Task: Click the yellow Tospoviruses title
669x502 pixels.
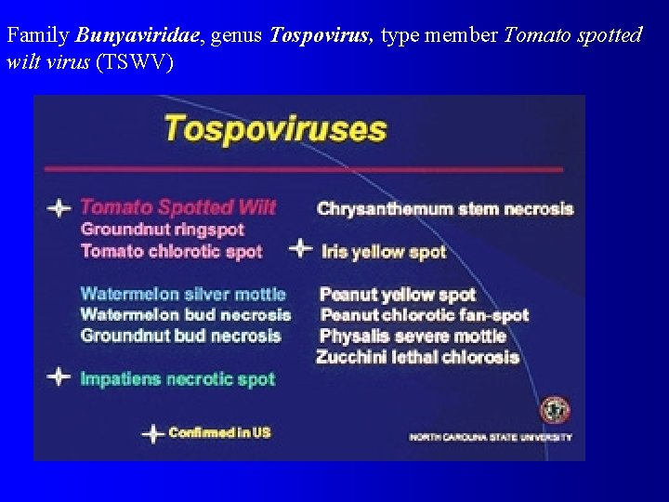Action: point(275,128)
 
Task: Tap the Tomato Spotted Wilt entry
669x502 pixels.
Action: point(177,207)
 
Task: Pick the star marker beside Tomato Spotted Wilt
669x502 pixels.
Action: point(59,208)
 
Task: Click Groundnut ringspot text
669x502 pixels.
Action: point(163,230)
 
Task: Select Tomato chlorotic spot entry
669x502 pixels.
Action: point(172,251)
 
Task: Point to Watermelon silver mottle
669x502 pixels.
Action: point(183,294)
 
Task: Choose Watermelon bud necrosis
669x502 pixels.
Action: point(185,315)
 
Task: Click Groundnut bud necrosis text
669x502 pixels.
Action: point(180,336)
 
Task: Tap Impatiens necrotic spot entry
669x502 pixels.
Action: point(177,379)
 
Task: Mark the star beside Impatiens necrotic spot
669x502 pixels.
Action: point(59,377)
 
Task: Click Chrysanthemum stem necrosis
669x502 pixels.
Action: point(445,209)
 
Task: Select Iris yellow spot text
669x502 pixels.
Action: point(384,252)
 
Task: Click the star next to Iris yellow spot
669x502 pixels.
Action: point(300,248)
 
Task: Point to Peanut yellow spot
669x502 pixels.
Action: point(398,295)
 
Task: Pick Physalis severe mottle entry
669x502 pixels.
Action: point(413,336)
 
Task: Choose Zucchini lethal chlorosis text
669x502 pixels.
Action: point(417,357)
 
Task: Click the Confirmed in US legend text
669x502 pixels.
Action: point(219,433)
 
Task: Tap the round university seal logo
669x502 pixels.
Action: point(555,410)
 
